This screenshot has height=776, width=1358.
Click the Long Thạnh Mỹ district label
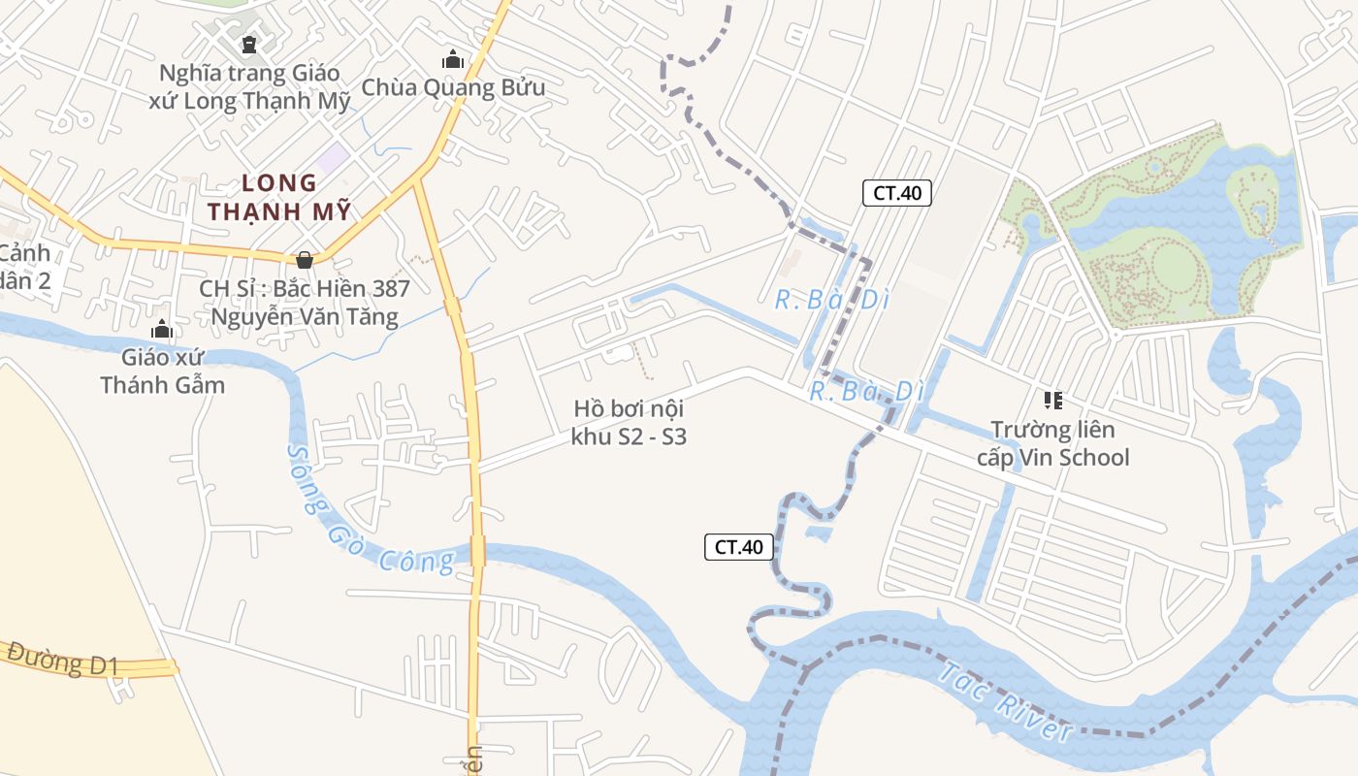(x=279, y=197)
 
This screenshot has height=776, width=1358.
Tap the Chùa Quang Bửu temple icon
(x=453, y=60)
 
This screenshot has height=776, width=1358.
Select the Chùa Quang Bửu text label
(x=453, y=88)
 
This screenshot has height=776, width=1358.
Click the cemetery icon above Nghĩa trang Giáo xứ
(x=249, y=45)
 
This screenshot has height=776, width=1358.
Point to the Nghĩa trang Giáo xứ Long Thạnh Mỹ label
(x=249, y=87)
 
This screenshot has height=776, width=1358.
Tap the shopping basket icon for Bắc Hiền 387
(x=305, y=260)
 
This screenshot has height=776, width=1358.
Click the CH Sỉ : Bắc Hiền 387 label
(x=305, y=303)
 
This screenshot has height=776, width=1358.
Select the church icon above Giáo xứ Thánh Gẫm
(x=162, y=330)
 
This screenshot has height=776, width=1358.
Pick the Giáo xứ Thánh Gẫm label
(x=162, y=372)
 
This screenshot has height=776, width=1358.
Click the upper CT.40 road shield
(x=896, y=193)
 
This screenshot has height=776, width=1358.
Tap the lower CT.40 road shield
(x=739, y=547)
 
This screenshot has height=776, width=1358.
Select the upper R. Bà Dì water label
(x=832, y=301)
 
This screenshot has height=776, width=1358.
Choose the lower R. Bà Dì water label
(x=866, y=392)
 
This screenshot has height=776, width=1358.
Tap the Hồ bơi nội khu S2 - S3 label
(x=629, y=423)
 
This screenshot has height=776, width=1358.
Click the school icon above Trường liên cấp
(x=1052, y=400)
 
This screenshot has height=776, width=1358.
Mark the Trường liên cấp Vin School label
(x=1052, y=443)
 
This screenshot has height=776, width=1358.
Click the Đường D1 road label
(x=62, y=660)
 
